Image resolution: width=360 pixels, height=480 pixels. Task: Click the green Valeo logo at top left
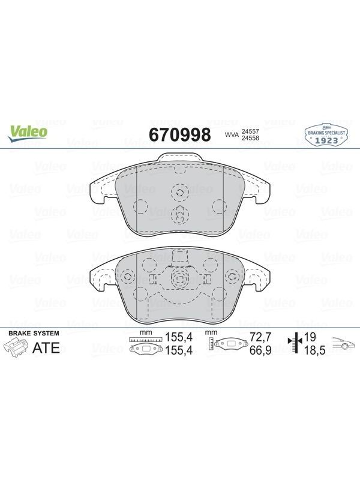(x=28, y=134)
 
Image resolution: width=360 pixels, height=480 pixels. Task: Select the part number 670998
(x=179, y=134)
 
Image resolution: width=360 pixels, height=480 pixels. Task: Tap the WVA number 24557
(x=250, y=131)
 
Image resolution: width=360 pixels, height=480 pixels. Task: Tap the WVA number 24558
(x=250, y=138)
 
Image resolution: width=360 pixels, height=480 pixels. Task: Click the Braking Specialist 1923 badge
(x=326, y=134)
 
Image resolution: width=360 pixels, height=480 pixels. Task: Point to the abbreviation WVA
(x=232, y=134)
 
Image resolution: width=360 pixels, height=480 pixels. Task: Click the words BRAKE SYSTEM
(x=34, y=334)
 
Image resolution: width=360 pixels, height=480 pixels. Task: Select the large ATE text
(x=46, y=348)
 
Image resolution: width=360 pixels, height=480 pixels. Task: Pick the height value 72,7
(x=260, y=337)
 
